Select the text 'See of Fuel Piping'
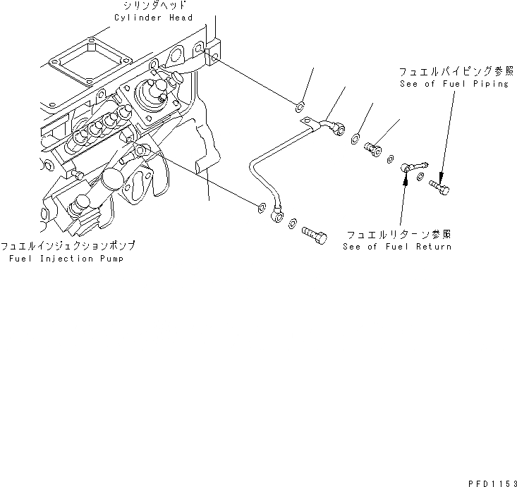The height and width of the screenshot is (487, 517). [x=453, y=84]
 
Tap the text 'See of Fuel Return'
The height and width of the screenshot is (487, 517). [x=397, y=247]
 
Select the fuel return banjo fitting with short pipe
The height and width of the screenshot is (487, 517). [x=411, y=168]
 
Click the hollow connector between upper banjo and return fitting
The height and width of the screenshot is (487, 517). [x=372, y=147]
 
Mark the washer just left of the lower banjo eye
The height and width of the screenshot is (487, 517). [x=261, y=206]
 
